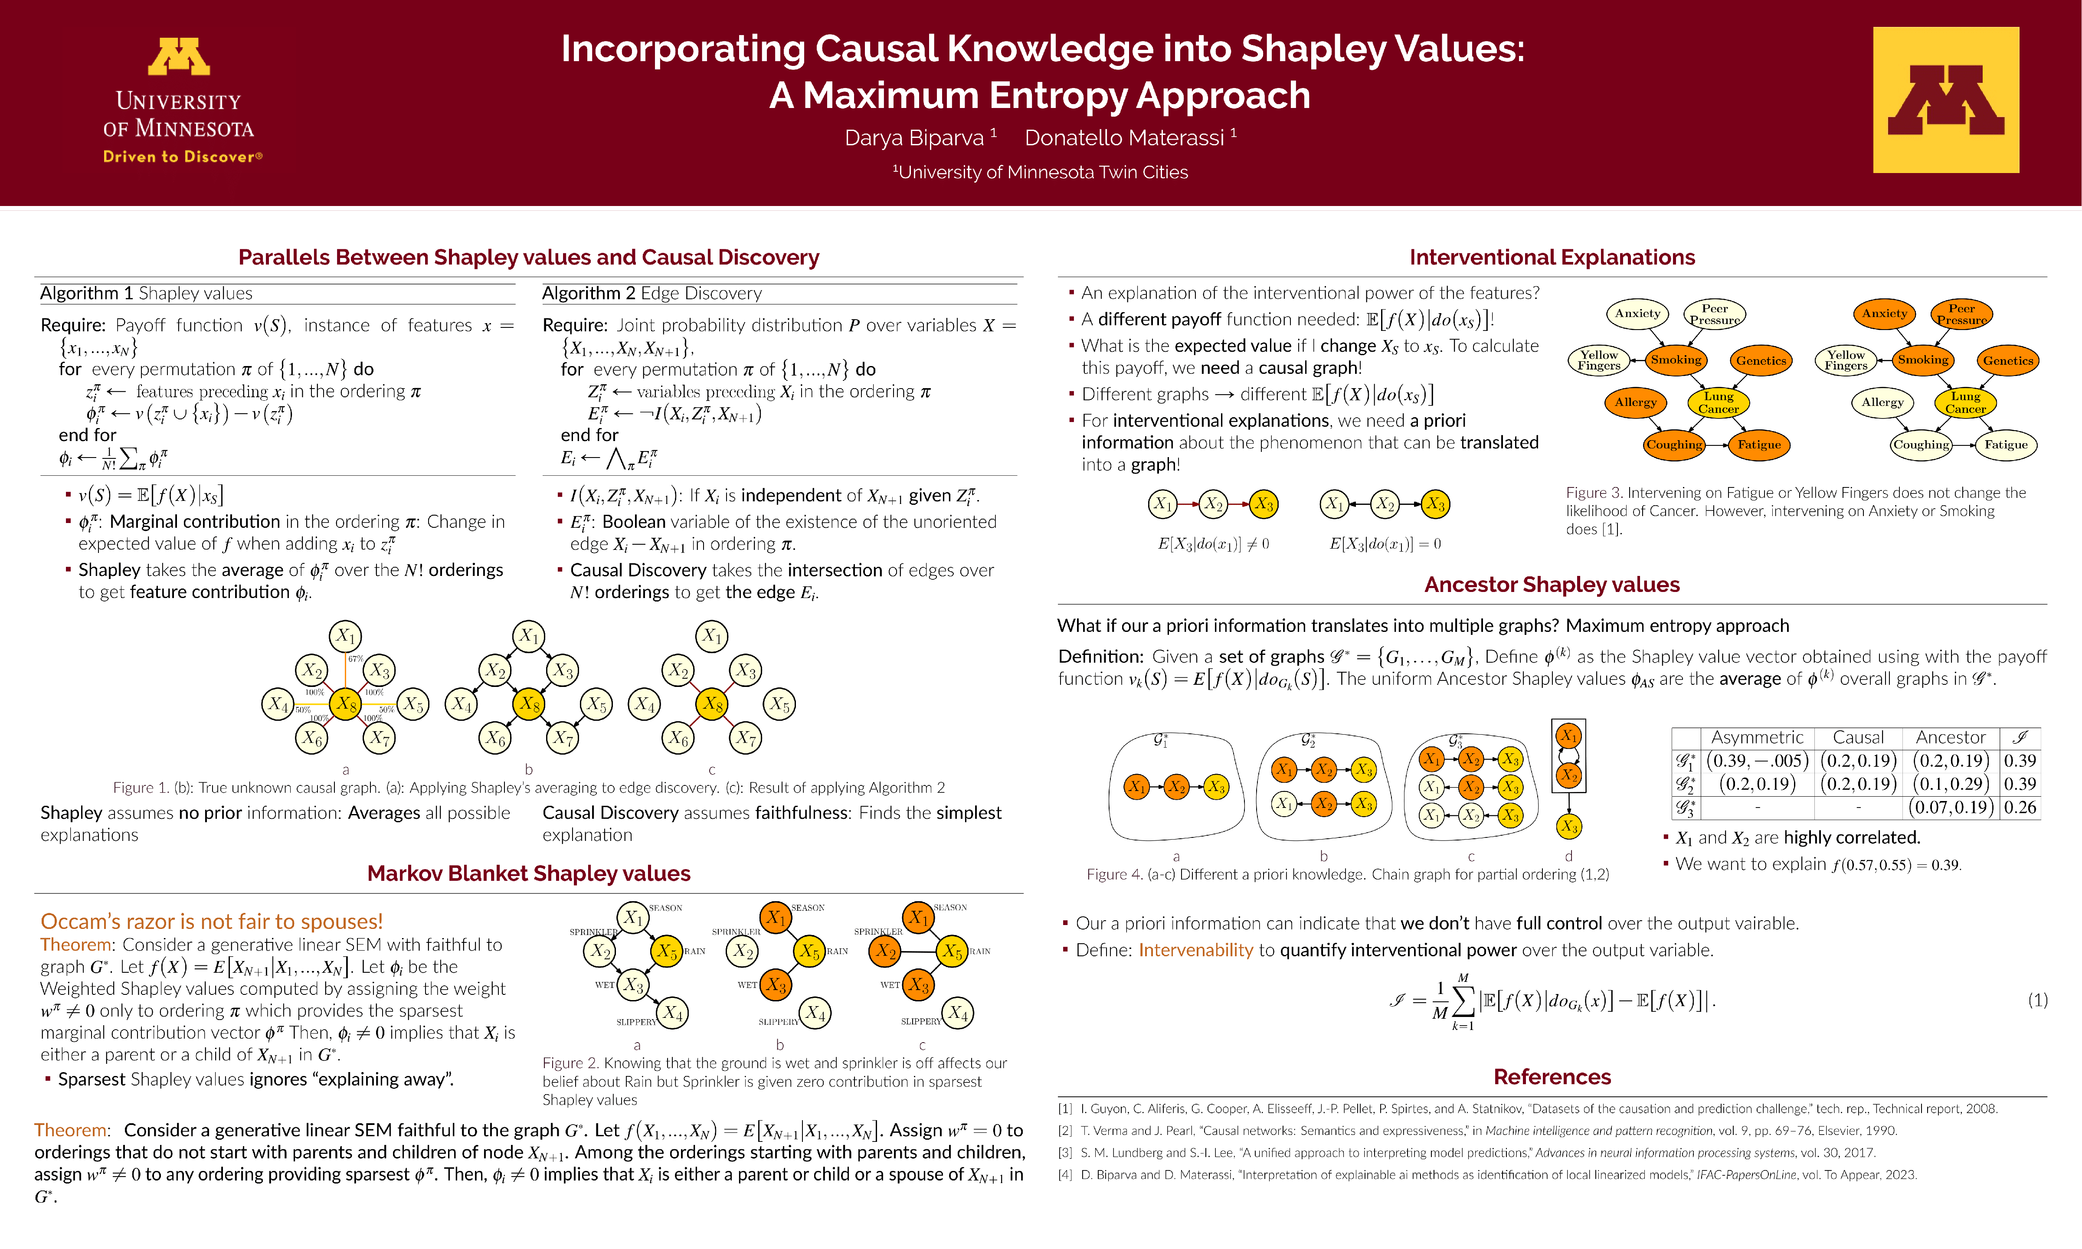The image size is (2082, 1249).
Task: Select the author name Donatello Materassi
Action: pos(1124,138)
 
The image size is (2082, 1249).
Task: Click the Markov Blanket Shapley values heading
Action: pos(528,873)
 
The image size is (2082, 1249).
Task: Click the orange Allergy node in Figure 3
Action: pos(1635,402)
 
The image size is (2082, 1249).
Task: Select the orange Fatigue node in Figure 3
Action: pos(1759,445)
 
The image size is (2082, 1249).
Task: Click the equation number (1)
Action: pos(2036,1000)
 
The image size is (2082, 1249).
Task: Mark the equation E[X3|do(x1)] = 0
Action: pos(1385,544)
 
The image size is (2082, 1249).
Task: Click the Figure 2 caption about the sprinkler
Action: pos(774,1082)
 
